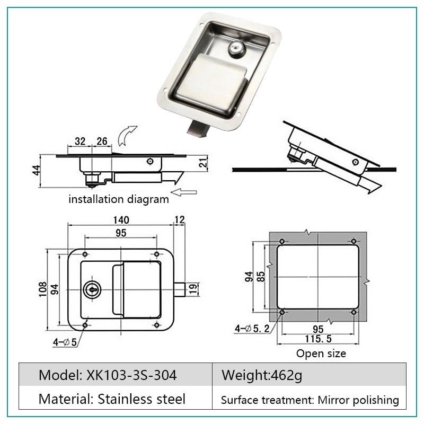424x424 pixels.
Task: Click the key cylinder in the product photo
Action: pos(236,49)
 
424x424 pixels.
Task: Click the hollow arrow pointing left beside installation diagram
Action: pos(184,192)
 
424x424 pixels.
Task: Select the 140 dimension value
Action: pos(121,220)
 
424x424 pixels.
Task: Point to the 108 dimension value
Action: pos(43,289)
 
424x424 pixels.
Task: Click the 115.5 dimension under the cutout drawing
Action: pos(319,339)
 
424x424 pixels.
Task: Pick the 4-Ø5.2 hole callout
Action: pos(252,329)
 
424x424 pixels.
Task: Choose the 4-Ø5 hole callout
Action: pos(65,342)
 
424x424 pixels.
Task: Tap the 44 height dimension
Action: pos(36,170)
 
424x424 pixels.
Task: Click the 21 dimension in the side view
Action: pos(203,163)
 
